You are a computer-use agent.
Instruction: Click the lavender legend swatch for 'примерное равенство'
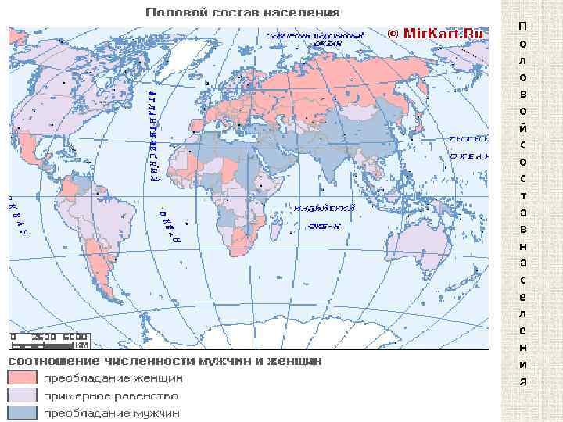(x=23, y=395)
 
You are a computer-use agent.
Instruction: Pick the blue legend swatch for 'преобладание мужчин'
(x=23, y=413)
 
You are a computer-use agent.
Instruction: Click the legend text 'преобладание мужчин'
(x=111, y=413)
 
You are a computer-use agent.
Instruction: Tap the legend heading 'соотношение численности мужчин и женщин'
(x=164, y=361)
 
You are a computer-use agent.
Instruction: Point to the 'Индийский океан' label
(x=324, y=216)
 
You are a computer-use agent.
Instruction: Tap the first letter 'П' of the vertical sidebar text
(x=523, y=27)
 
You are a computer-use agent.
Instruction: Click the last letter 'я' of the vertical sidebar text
(x=523, y=381)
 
